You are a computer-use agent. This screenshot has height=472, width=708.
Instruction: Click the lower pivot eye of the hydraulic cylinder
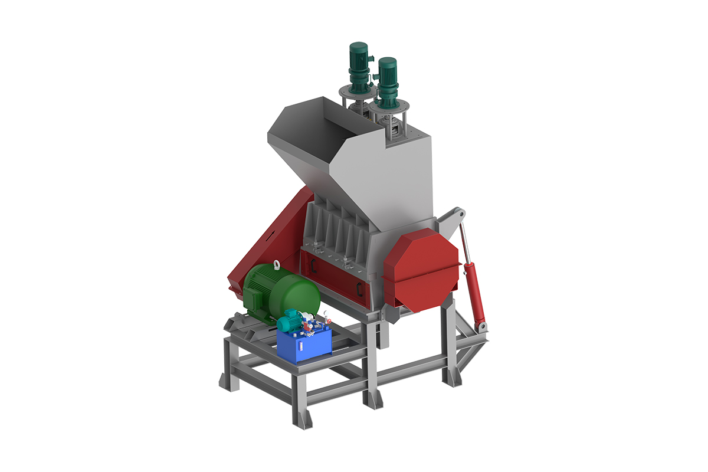[483, 326]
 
